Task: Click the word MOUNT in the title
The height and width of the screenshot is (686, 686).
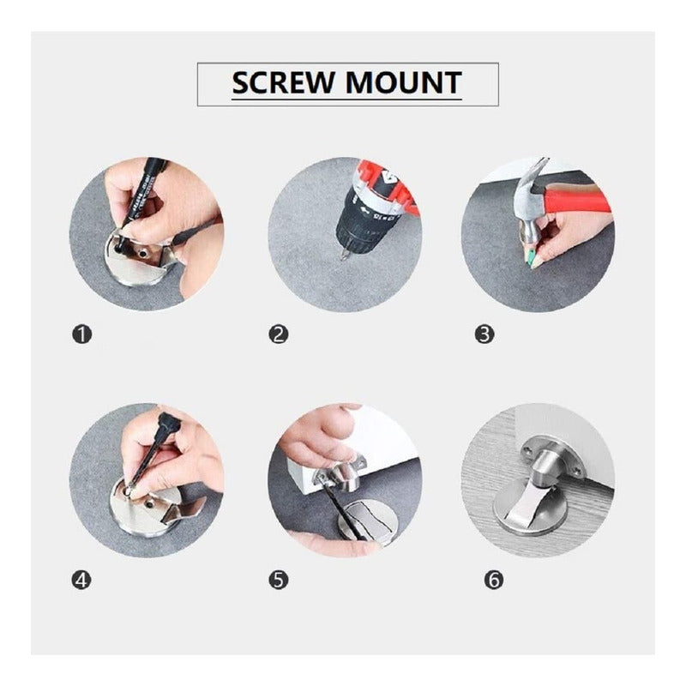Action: [403, 82]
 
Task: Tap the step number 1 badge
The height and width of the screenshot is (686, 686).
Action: [81, 334]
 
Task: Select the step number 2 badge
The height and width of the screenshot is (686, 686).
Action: [279, 334]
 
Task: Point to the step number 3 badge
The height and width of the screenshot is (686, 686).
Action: [484, 334]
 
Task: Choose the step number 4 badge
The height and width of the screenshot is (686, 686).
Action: [81, 581]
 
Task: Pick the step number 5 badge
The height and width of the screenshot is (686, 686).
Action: [279, 581]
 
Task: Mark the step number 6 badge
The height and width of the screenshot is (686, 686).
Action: [494, 581]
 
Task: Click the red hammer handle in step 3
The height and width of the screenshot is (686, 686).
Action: [577, 200]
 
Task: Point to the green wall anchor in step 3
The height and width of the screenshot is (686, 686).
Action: [532, 258]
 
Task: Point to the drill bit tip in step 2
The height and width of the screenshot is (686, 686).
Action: [342, 258]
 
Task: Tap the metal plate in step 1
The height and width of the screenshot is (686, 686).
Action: [139, 262]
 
